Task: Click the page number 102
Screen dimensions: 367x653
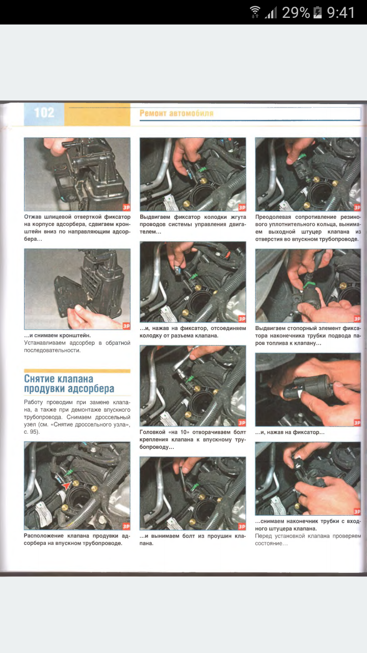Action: (44, 113)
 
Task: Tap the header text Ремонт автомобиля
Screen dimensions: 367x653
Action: (176, 113)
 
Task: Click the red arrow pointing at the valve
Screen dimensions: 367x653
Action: (66, 485)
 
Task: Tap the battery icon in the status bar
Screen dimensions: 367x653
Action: (317, 13)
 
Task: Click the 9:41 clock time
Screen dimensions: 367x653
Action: (340, 13)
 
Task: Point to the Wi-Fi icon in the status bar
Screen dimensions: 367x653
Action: (255, 12)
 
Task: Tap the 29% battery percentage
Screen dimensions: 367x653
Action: (296, 13)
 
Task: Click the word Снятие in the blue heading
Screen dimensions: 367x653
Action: (40, 379)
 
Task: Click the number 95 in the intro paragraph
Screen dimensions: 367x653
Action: (34, 432)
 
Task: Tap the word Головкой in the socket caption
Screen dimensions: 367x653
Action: (152, 432)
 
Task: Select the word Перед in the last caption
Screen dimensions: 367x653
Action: (263, 536)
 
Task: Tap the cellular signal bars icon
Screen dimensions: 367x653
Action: (271, 13)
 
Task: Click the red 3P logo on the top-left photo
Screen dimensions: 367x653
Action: (126, 207)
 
